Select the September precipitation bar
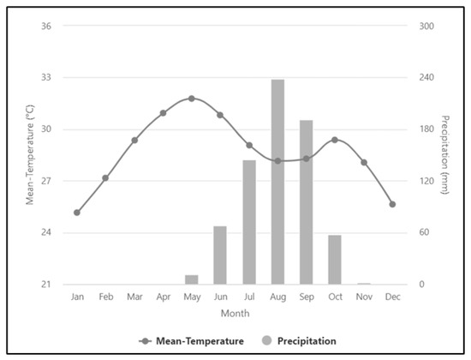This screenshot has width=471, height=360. click(306, 202)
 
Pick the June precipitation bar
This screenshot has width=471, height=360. click(220, 255)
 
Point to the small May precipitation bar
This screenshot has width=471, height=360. click(192, 279)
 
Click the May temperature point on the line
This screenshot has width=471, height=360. click(192, 99)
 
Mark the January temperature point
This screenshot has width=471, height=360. click(77, 213)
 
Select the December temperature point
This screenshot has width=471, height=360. click(392, 204)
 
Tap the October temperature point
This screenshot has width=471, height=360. click(335, 140)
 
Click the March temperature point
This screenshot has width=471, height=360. click(134, 140)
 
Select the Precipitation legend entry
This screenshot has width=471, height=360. click(300, 341)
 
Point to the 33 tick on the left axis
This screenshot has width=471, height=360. click(46, 77)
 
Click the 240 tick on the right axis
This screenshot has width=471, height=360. click(426, 77)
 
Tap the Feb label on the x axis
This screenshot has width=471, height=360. click(105, 297)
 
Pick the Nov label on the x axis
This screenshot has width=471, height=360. click(363, 297)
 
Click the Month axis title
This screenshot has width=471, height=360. click(235, 314)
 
